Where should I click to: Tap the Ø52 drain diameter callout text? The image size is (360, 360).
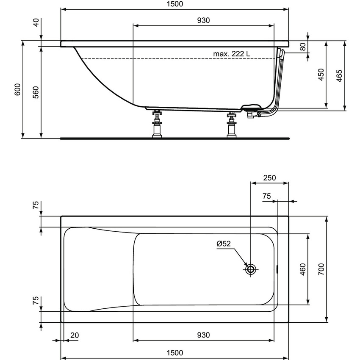[223, 244]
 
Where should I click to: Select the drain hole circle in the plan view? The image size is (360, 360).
[251, 269]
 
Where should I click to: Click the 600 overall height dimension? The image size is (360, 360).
[17, 89]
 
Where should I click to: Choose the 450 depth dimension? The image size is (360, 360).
[321, 75]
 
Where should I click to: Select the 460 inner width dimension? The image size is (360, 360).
[303, 269]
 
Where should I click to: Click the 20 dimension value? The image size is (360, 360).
[75, 335]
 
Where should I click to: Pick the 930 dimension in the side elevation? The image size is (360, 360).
[203, 20]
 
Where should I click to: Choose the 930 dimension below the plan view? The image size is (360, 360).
[203, 335]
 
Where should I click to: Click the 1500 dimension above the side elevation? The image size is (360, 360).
[174, 4]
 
